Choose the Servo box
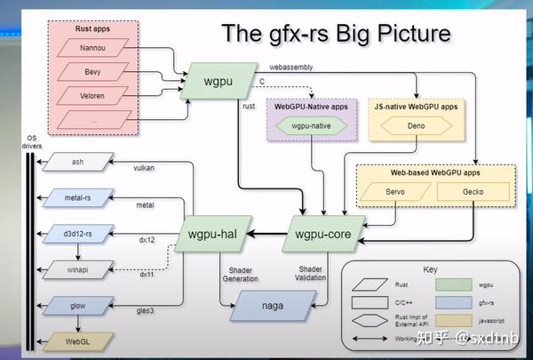click(x=395, y=191)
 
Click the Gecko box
click(x=472, y=191)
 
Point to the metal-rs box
click(x=78, y=196)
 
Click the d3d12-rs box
click(x=78, y=234)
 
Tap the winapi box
click(x=78, y=268)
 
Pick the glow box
click(x=78, y=305)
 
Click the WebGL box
click(x=78, y=340)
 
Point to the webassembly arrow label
click(x=291, y=67)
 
